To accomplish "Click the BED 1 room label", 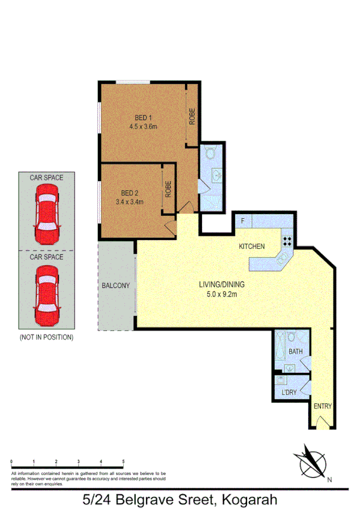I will point(142,118).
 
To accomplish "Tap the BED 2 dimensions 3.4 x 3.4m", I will point(129,201).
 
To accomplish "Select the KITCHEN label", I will point(252,247).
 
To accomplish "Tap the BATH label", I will point(295,351).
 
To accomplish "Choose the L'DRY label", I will point(288,393).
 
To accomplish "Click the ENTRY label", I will point(323,406).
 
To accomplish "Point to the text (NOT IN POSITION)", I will point(47,337).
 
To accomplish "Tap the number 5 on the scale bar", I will point(123,461).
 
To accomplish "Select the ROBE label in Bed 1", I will point(192,115).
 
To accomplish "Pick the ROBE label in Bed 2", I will point(169,190).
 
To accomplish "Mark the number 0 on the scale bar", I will point(11,461).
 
